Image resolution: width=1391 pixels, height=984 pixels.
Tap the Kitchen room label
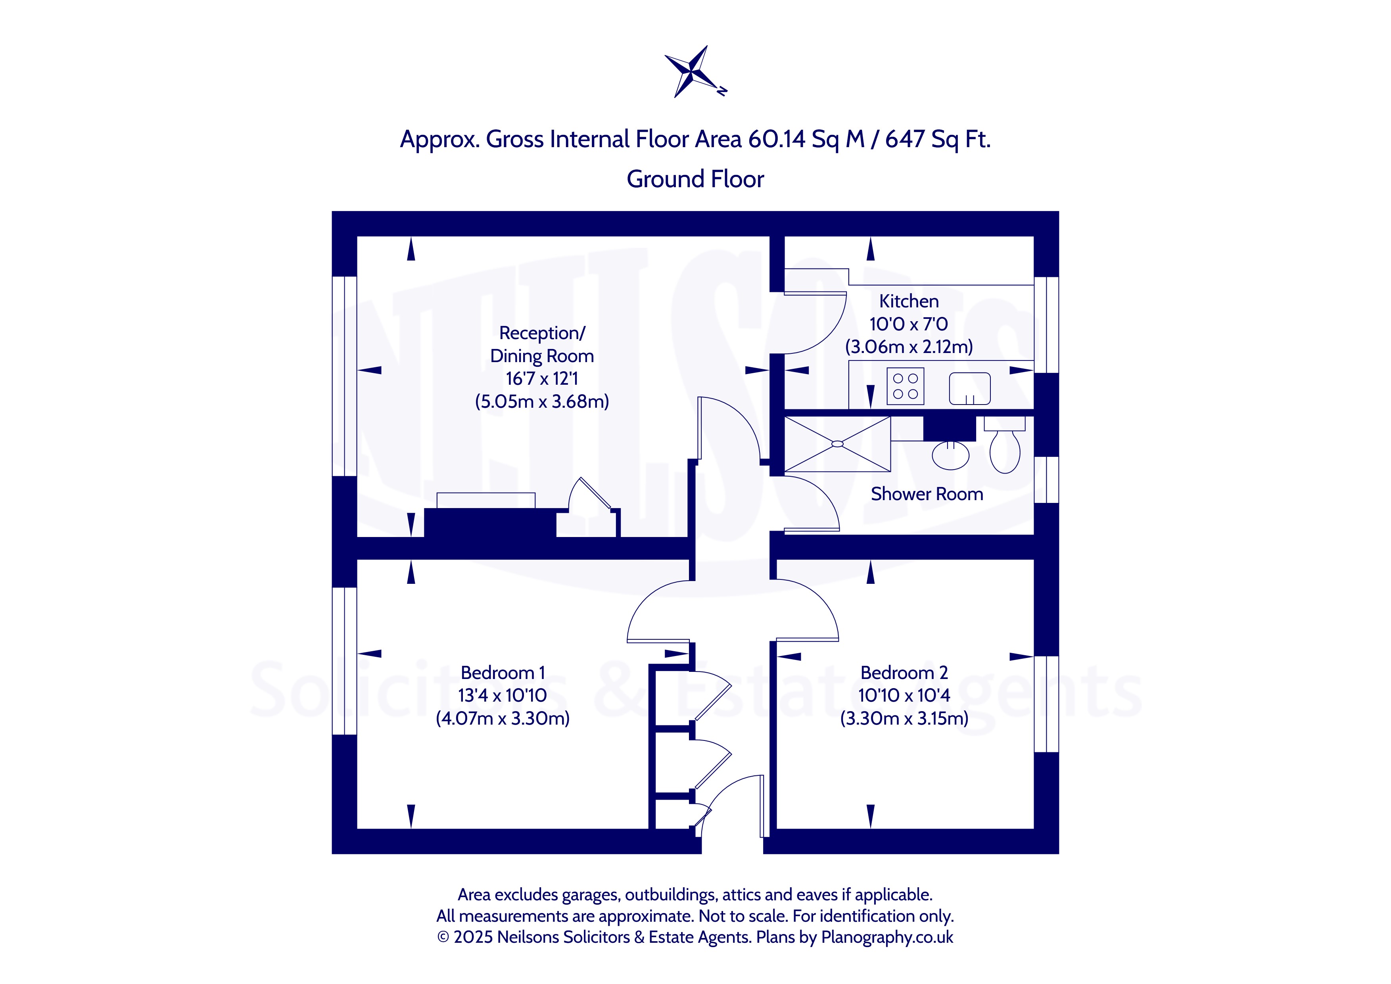pos(909,301)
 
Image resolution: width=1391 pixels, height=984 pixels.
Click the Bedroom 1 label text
pos(503,673)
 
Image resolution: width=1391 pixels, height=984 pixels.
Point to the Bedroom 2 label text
pos(904,673)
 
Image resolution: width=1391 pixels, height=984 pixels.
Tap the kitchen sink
pos(969,388)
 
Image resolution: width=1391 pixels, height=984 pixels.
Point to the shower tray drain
pos(837,444)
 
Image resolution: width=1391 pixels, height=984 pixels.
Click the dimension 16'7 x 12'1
pos(542,379)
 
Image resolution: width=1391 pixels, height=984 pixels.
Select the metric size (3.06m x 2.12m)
pos(909,347)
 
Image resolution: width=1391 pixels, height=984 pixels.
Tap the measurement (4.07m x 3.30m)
pos(503,719)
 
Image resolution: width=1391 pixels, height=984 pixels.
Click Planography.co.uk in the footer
pos(887,937)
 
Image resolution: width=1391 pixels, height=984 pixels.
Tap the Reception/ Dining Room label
pos(542,344)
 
